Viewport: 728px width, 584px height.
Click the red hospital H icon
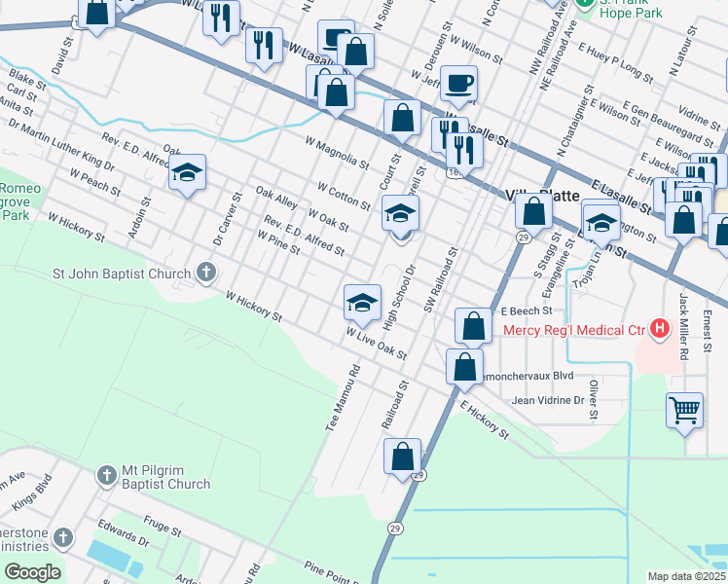pyautogui.click(x=660, y=329)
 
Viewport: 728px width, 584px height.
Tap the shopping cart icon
pyautogui.click(x=685, y=409)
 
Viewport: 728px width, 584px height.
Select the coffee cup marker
pyautogui.click(x=458, y=84)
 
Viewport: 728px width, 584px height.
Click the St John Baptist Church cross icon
pyautogui.click(x=205, y=273)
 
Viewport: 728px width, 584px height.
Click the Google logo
pyautogui.click(x=32, y=571)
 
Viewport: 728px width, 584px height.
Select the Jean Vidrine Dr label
pyautogui.click(x=547, y=400)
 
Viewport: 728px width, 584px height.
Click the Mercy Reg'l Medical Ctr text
pyautogui.click(x=574, y=330)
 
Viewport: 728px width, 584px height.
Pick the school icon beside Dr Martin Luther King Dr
pyautogui.click(x=188, y=173)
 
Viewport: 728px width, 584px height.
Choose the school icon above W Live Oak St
pyautogui.click(x=362, y=302)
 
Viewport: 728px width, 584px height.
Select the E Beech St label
pyautogui.click(x=526, y=311)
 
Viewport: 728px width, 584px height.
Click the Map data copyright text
pyautogui.click(x=686, y=576)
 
